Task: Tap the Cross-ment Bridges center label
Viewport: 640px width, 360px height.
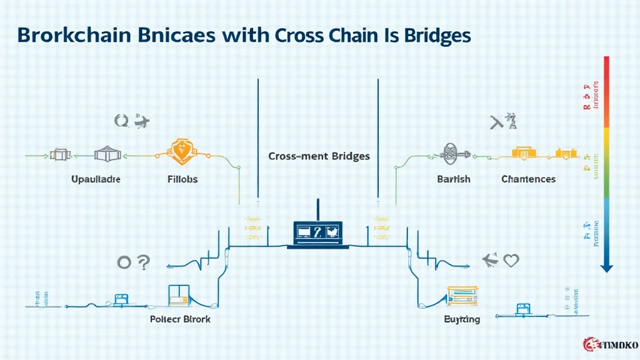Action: [x=319, y=156]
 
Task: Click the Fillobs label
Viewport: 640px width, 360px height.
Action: [x=182, y=179]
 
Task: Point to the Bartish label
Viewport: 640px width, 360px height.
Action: [x=454, y=179]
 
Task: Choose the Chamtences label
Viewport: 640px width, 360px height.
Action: [x=528, y=179]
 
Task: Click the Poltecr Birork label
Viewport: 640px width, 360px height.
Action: [x=181, y=319]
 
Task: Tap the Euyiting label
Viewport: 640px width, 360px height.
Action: [x=462, y=319]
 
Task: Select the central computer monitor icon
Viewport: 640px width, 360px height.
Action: [x=319, y=233]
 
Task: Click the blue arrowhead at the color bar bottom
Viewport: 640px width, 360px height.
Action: [x=606, y=267]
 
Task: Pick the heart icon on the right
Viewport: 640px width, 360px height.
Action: [x=511, y=261]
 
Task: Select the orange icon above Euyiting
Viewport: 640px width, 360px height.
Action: [x=462, y=295]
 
